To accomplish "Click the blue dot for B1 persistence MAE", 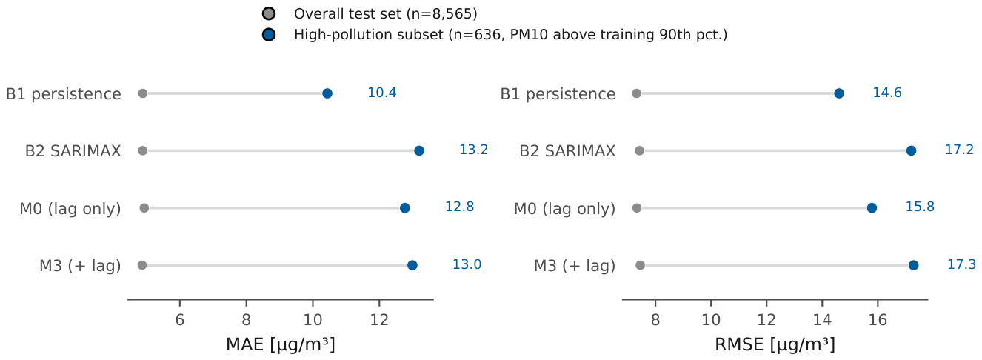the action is click(x=327, y=93).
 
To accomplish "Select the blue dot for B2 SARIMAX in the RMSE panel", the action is click(x=911, y=151).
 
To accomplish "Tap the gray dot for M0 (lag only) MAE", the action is click(x=144, y=208).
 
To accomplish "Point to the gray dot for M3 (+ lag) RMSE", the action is click(x=640, y=265).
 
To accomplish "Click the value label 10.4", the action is click(x=382, y=93).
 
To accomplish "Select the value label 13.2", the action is click(x=473, y=150).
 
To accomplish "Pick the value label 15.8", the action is click(x=920, y=207).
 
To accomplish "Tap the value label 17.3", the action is click(x=961, y=264).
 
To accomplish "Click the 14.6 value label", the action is click(x=887, y=93).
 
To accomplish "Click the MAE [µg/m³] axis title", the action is click(x=281, y=344).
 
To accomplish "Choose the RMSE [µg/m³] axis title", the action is click(x=775, y=344).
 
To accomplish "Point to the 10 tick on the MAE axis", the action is click(x=313, y=304).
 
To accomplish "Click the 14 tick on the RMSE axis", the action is click(x=822, y=304).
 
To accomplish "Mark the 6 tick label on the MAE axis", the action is click(x=180, y=320).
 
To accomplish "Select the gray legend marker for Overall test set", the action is click(x=269, y=13).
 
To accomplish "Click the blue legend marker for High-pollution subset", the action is click(x=269, y=35).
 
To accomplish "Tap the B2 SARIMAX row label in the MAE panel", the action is click(x=73, y=151).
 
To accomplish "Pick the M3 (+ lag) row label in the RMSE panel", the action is click(x=574, y=266).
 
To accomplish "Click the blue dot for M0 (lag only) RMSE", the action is click(x=872, y=208).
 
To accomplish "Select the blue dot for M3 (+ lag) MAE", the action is click(x=412, y=265).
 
